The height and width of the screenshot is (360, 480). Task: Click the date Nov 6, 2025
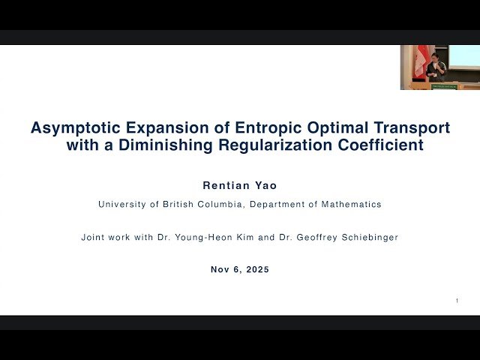point(239,269)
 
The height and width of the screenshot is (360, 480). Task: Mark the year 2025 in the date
point(256,269)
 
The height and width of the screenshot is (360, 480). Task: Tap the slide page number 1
point(457,301)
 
